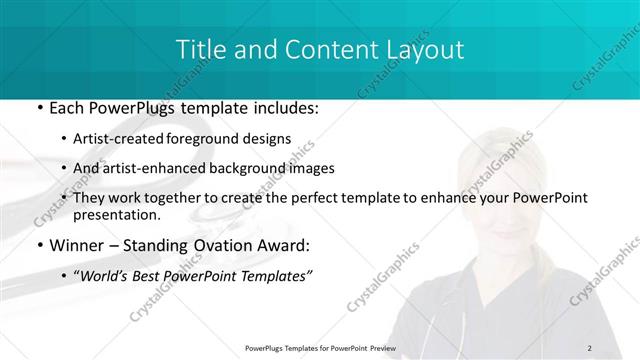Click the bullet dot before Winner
pyautogui.click(x=38, y=244)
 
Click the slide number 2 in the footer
pyautogui.click(x=589, y=347)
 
